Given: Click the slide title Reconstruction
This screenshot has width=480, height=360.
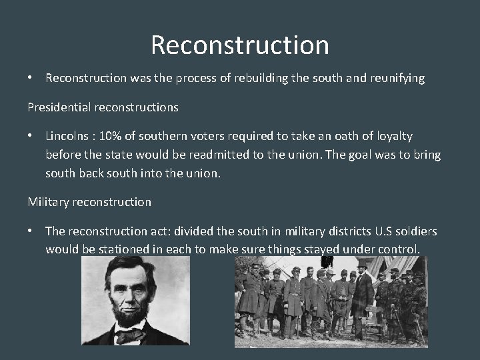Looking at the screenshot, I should click(239, 45).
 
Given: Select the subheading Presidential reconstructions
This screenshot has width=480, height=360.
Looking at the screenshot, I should click(103, 107).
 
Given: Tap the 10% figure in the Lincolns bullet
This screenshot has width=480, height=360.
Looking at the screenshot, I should click(111, 136).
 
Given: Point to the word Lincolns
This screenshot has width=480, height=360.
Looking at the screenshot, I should click(67, 136).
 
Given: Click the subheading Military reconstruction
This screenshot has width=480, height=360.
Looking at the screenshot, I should click(89, 201).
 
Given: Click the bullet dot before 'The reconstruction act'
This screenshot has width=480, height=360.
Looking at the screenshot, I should click(31, 231).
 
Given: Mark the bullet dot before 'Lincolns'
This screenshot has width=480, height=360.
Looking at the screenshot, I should click(31, 136).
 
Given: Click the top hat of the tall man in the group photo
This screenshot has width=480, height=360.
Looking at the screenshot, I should click(363, 263).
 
